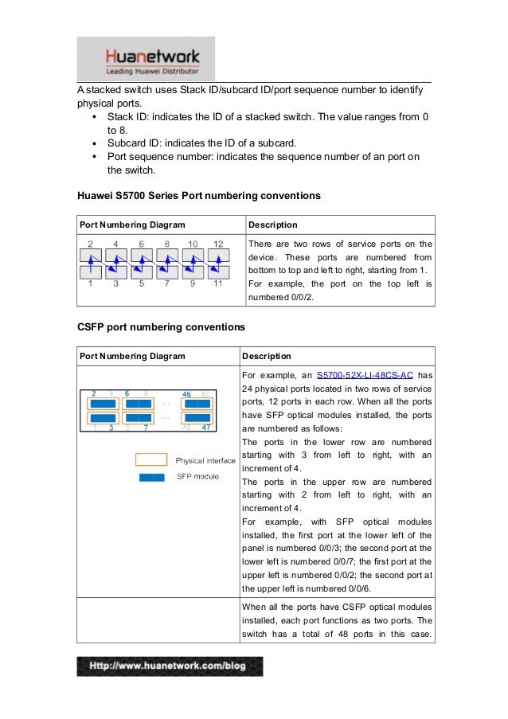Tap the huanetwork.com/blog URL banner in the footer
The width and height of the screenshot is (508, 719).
point(170,666)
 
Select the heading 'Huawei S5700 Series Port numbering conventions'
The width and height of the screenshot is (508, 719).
point(198,195)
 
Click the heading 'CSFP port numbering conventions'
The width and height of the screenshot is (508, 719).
point(161,327)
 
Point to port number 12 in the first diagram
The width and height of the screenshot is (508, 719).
point(218,244)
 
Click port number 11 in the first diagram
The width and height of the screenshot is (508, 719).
point(218,283)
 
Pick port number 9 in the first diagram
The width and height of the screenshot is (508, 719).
point(193,283)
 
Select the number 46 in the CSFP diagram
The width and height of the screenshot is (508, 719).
point(186,393)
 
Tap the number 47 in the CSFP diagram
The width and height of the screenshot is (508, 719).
point(206,428)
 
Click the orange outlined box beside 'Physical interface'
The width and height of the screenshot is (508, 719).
point(150,459)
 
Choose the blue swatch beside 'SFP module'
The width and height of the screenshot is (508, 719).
point(150,477)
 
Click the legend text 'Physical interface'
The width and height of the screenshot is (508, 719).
point(205,460)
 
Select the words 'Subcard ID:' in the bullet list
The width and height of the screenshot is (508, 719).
point(135,143)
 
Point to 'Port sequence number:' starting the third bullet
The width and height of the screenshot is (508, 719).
point(158,157)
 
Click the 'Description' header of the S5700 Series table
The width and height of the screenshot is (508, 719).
point(272,225)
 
